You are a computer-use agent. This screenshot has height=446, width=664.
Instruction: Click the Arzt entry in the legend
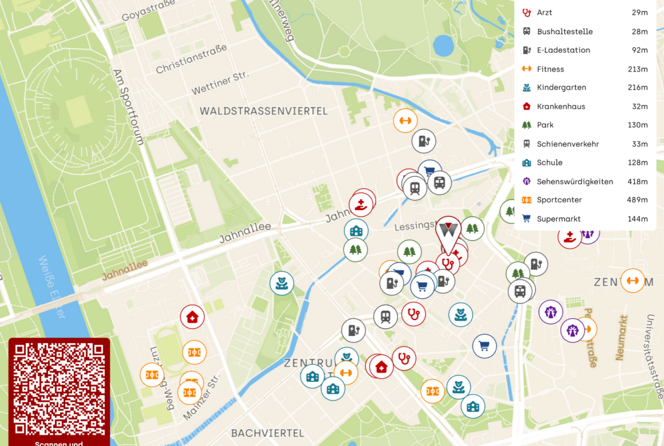[x=544, y=12]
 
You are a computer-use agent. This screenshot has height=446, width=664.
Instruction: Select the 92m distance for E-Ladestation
[x=640, y=50]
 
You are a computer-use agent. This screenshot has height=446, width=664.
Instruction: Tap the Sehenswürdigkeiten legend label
[x=574, y=182]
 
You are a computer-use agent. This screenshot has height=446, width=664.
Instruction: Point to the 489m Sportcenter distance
[x=637, y=200]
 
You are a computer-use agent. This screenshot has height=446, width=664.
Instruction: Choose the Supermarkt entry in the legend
[x=558, y=219]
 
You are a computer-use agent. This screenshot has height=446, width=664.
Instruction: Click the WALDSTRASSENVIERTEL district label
[x=263, y=111]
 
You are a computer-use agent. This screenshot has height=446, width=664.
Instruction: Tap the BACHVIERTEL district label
[x=267, y=433]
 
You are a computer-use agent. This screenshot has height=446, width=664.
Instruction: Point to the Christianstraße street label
[x=191, y=59]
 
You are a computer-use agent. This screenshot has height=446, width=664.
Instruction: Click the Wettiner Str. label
[x=220, y=82]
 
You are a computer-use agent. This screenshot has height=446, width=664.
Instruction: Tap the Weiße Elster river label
[x=51, y=287]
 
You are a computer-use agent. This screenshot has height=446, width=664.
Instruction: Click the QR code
[x=59, y=389]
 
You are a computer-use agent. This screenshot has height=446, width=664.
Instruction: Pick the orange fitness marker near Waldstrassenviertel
[x=405, y=120]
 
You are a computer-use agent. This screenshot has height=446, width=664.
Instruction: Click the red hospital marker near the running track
[x=192, y=317]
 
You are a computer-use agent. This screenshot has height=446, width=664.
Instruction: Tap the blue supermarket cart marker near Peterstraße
[x=484, y=345]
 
